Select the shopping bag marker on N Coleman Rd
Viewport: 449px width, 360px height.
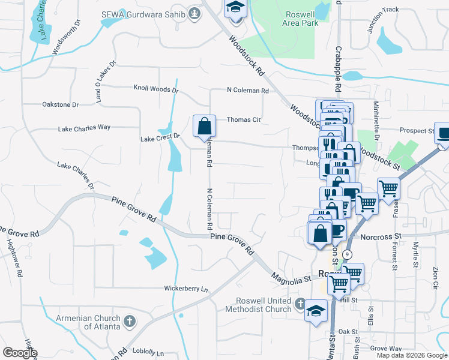(204, 126)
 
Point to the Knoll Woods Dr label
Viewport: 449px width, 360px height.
(155, 89)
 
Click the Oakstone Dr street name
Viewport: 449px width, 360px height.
(61, 104)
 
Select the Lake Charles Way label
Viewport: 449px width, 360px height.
(84, 128)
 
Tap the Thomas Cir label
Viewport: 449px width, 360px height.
(243, 119)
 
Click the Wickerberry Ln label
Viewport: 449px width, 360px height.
(186, 289)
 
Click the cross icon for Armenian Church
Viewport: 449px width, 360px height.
(128, 322)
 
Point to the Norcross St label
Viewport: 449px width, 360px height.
(380, 236)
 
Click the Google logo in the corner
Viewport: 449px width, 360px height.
(20, 352)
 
